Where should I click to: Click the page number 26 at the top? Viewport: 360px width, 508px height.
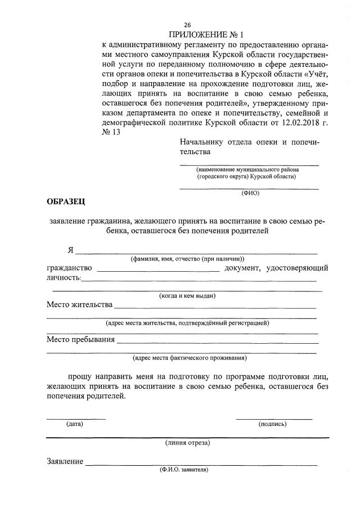click(x=187, y=25)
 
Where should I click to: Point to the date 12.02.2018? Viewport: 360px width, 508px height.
click(x=296, y=123)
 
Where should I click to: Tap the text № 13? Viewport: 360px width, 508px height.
click(x=111, y=133)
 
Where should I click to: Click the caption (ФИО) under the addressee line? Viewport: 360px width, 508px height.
click(x=250, y=192)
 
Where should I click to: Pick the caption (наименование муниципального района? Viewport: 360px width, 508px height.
click(x=247, y=169)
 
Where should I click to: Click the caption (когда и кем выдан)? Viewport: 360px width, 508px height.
click(x=187, y=296)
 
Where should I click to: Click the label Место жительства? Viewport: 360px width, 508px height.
click(x=79, y=305)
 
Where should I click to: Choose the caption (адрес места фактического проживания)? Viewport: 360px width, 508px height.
click(x=189, y=357)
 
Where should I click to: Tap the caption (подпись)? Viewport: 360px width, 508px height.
click(x=272, y=424)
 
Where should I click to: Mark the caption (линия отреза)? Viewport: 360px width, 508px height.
click(x=187, y=443)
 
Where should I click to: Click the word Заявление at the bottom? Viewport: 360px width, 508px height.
click(x=65, y=462)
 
